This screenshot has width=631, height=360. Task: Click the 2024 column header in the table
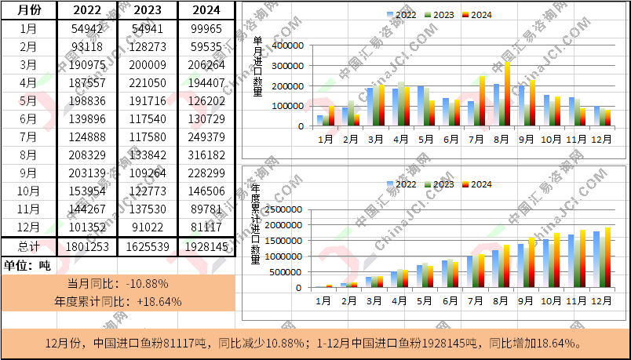click(x=206, y=10)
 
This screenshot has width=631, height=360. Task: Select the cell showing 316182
click(x=206, y=155)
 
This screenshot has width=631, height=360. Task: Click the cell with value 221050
click(x=146, y=82)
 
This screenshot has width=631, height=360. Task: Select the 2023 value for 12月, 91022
click(x=146, y=227)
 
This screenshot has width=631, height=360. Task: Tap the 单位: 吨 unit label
click(x=27, y=265)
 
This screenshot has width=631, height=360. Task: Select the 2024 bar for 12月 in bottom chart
click(x=607, y=257)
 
